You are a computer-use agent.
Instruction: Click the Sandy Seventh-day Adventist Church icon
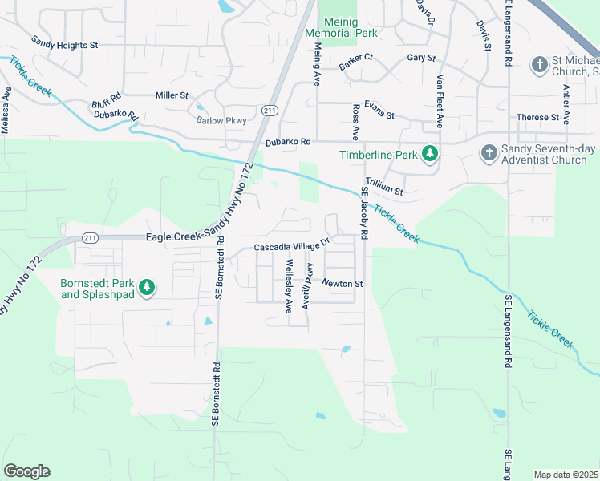tap(488, 152)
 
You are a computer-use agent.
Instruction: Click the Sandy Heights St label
tap(64, 45)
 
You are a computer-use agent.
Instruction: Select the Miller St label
tap(172, 95)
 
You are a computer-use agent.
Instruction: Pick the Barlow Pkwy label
tap(221, 120)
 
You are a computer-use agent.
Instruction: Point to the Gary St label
tap(420, 58)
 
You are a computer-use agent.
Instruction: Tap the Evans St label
tap(379, 110)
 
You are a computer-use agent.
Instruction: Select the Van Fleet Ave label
tap(440, 102)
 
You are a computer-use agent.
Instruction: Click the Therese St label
tap(537, 117)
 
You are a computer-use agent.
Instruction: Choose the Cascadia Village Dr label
tap(292, 247)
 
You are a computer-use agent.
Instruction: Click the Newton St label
tap(343, 283)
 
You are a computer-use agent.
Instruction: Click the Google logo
tap(26, 471)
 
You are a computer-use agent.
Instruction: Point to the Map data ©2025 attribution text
tap(566, 475)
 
